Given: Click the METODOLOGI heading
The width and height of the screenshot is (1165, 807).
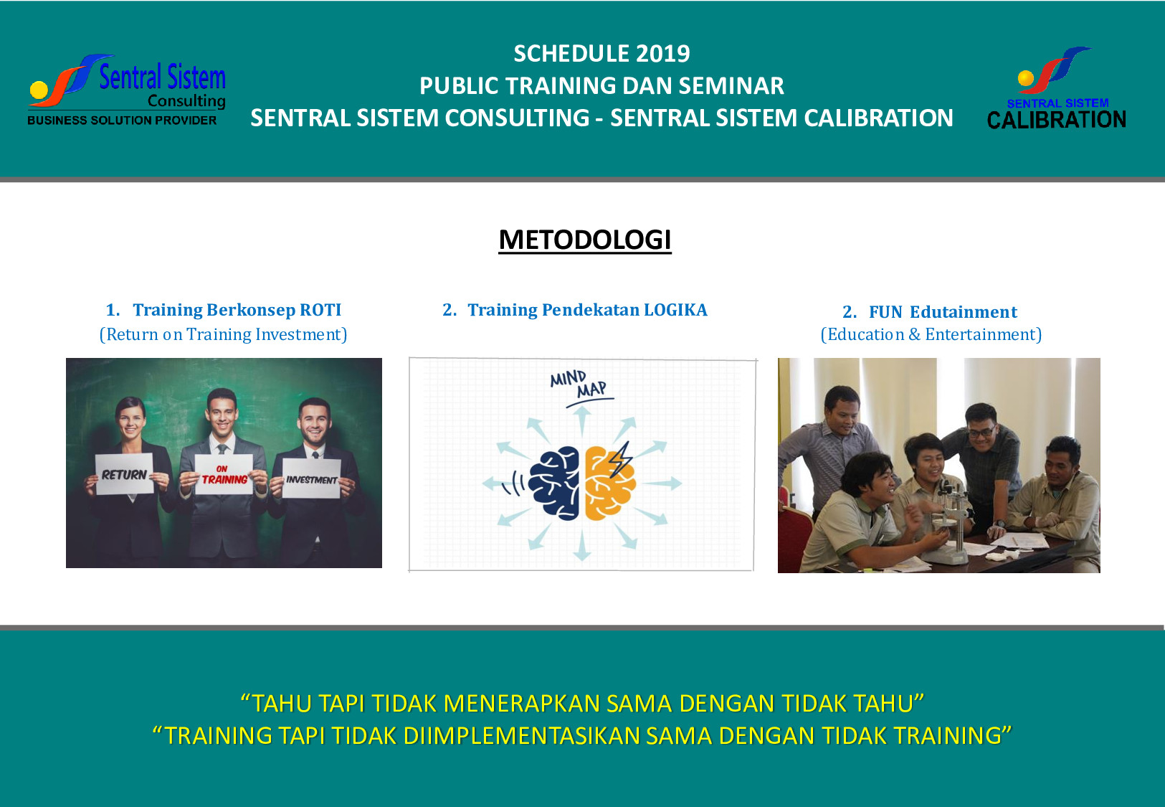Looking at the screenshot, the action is [584, 240].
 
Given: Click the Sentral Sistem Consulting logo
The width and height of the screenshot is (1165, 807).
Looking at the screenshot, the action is [127, 90].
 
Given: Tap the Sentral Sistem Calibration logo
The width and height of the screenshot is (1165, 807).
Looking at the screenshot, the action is [1056, 88].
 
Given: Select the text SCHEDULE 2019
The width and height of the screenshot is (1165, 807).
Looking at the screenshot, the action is [601, 54].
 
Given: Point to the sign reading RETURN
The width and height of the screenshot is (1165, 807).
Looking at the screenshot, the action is [124, 473].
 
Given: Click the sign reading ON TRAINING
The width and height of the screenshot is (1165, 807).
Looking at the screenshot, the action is [224, 475].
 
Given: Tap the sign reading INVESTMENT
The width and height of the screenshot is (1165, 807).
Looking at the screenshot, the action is [312, 478].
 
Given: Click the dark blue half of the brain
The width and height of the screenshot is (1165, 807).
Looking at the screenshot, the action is [554, 483].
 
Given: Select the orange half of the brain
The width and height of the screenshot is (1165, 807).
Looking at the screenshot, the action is [609, 483].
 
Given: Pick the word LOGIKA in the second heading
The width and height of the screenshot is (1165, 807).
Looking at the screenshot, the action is [675, 310].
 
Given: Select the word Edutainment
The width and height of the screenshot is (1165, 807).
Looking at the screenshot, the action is [964, 311].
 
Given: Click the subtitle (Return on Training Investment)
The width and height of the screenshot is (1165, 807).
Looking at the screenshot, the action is [223, 334].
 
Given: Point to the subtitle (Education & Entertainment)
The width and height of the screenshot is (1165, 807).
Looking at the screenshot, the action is [931, 334].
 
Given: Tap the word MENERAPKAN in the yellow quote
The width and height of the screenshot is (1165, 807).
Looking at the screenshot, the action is [521, 703].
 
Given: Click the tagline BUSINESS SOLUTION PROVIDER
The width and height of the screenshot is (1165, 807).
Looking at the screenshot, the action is [122, 121].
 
